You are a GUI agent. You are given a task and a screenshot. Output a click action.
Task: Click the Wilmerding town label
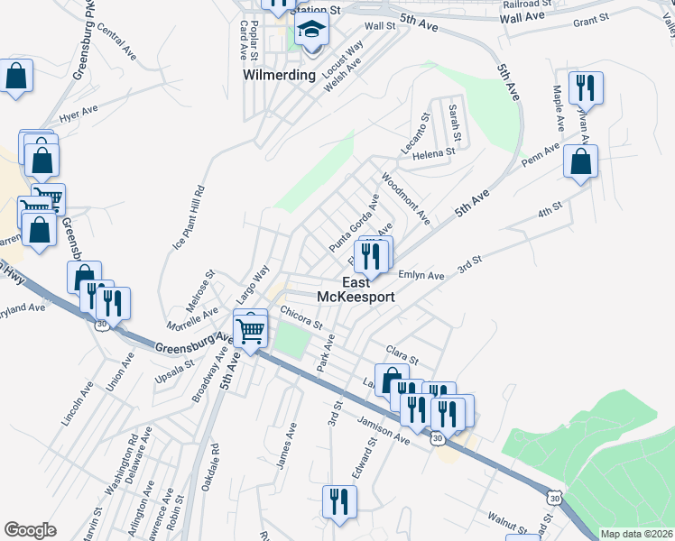coord(280,75)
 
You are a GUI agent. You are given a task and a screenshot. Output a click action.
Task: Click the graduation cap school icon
coord(311,31)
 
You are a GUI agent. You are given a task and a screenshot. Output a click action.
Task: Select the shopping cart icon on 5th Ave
coord(251,328)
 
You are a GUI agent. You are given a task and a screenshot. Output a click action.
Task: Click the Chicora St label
coord(301,317)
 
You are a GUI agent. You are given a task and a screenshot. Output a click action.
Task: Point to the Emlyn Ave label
coord(421,275)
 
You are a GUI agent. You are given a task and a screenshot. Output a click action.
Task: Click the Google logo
coord(30,530)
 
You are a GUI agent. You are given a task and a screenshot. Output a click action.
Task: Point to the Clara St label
coord(402,353)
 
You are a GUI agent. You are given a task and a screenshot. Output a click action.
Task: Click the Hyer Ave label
coord(78,115)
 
